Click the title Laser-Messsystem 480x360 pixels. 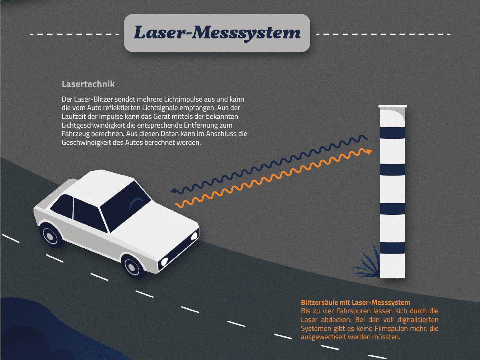coord(217,33)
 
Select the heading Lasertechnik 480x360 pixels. coord(88,84)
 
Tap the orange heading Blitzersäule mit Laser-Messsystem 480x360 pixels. coord(356,302)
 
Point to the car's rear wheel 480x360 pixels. coord(52,235)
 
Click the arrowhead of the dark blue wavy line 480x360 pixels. coord(174,191)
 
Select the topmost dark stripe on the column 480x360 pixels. coord(392,133)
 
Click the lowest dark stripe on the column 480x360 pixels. coord(392,248)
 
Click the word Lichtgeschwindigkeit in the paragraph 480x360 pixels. coord(94,125)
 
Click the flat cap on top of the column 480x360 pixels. coord(393,106)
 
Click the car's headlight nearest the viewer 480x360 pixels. coord(164,261)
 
